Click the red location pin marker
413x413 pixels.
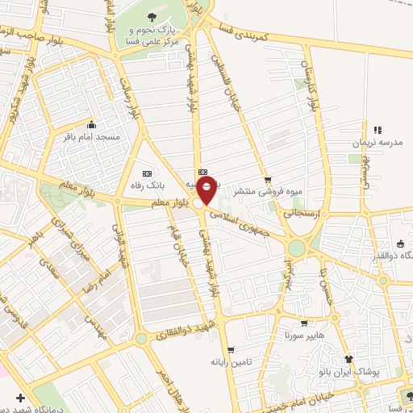click(208, 190)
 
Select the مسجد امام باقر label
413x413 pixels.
click(91, 137)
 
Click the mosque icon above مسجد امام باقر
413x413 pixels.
click(91, 125)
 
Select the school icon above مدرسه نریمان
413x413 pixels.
click(376, 130)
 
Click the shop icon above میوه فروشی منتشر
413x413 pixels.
click(268, 180)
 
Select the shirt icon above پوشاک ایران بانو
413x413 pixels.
click(349, 359)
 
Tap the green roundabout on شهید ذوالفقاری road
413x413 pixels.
click(142, 340)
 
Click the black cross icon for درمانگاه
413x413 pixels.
click(20, 398)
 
